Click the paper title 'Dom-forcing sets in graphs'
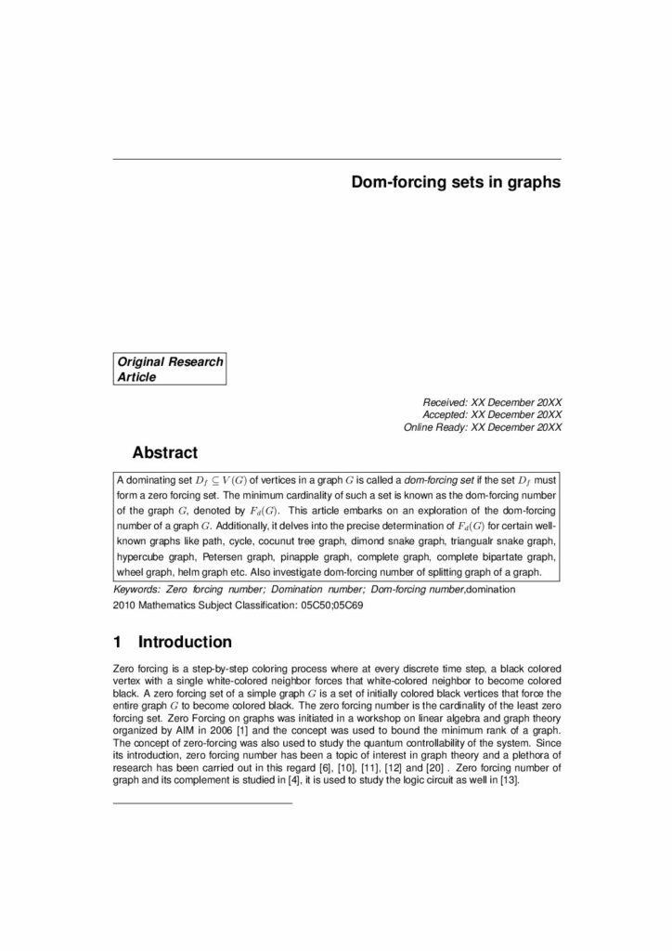[x=456, y=183]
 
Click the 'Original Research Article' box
[x=170, y=369]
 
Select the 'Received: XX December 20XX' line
[x=492, y=401]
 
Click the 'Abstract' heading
[x=165, y=453]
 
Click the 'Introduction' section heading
[x=185, y=642]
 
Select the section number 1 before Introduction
[x=117, y=642]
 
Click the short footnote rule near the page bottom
[x=201, y=801]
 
